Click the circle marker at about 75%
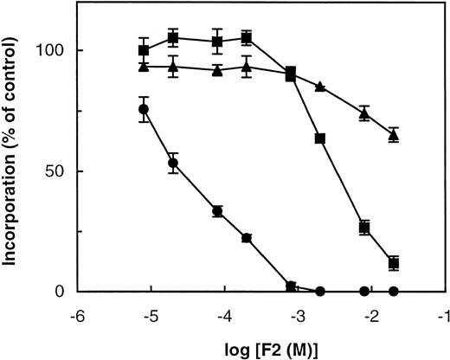pos(144,109)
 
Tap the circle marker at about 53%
pos(173,163)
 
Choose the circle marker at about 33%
pos(217,211)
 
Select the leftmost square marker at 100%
pos(144,50)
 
